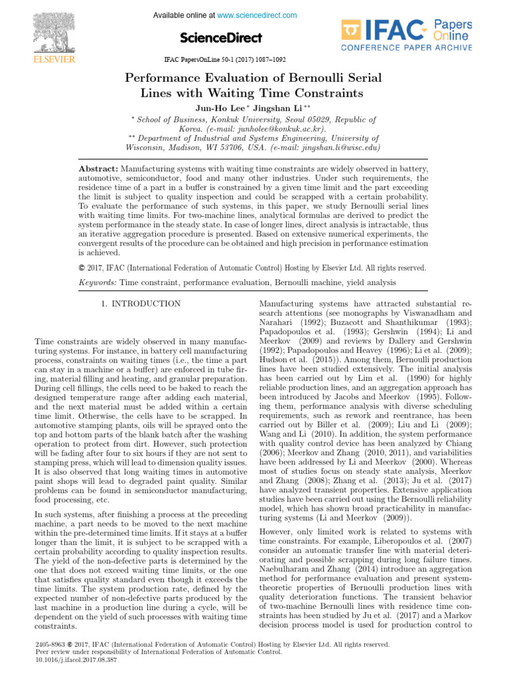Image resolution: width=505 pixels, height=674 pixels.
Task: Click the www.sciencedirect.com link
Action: [257, 15]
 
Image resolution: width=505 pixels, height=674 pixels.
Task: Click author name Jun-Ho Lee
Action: [218, 107]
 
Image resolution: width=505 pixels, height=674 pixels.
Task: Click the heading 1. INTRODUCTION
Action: [141, 303]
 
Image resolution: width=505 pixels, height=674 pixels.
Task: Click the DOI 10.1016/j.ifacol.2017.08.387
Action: [74, 660]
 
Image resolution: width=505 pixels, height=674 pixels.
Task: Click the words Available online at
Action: [183, 15]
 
